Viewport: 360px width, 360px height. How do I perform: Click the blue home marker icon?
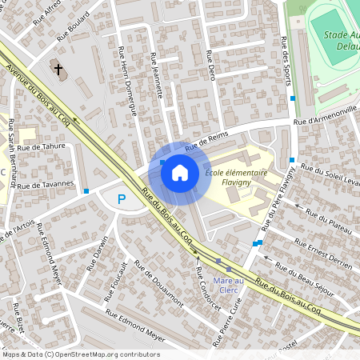(x=180, y=173)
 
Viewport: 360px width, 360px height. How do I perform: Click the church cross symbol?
(x=58, y=70)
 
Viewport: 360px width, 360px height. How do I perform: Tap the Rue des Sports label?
(x=286, y=64)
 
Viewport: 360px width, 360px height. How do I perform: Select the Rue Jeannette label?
(x=158, y=75)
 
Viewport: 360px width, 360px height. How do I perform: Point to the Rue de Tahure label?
(x=41, y=147)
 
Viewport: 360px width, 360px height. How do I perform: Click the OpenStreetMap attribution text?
(x=80, y=354)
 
